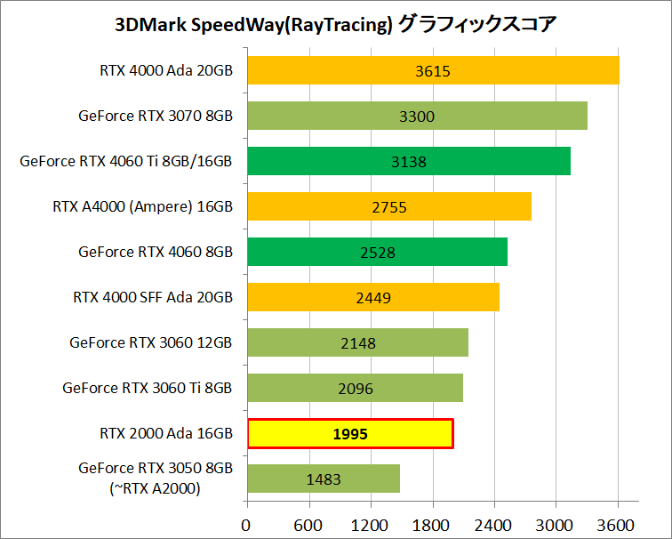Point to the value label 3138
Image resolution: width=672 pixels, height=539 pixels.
409,162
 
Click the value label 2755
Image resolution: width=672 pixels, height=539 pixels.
388,207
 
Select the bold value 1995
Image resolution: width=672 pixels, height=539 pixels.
350,434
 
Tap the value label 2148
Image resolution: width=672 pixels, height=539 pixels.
357,343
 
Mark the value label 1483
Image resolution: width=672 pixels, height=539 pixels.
324,479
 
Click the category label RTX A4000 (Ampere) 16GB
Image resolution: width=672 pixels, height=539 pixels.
142,207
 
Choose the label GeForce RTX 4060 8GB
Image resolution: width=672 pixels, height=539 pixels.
156,252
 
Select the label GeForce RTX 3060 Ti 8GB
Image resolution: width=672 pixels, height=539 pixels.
148,388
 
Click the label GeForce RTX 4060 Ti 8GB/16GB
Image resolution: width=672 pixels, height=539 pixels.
125,161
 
